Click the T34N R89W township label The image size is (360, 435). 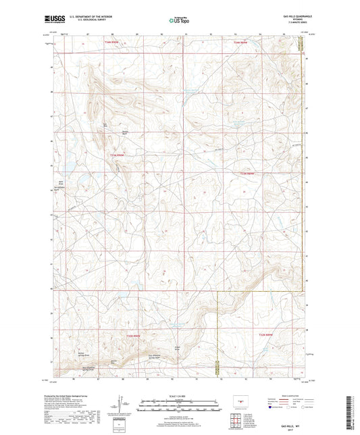coord(259,42)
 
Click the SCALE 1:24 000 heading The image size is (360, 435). coord(179,396)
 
